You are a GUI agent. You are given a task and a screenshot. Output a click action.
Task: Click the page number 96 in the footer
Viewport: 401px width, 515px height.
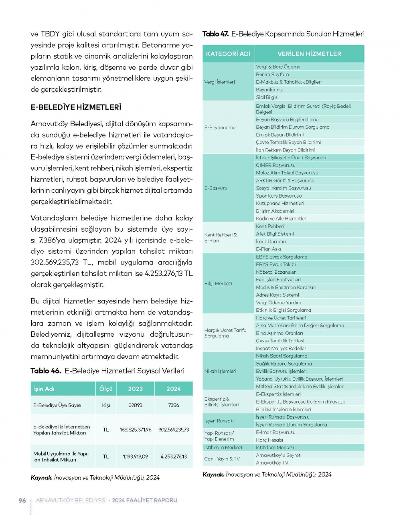coord(22,500)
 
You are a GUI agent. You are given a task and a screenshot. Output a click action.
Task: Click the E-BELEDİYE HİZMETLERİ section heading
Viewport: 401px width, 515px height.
coord(76,107)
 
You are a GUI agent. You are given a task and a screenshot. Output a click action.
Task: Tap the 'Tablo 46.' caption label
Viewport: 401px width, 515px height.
coord(46,371)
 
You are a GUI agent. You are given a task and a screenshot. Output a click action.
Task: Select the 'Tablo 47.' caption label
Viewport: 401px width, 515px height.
coord(215,34)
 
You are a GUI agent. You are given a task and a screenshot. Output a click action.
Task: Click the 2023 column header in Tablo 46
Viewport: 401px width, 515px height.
coord(136,389)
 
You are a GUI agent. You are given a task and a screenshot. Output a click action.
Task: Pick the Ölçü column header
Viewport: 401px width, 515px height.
coord(106,389)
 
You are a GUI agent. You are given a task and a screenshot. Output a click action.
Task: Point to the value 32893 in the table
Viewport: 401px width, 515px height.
coord(136,405)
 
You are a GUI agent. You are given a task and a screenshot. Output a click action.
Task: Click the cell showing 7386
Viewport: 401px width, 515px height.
coord(174,405)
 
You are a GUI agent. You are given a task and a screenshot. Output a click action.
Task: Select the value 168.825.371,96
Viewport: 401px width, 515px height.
coord(136,430)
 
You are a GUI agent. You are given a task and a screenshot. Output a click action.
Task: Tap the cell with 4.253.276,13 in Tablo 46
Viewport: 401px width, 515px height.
coord(174,456)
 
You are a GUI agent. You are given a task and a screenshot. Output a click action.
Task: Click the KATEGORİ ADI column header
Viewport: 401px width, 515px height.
coord(228,54)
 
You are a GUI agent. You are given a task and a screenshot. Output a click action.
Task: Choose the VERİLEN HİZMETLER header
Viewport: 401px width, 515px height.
coord(309,54)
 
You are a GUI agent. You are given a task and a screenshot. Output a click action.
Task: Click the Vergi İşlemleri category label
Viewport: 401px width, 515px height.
coord(220,82)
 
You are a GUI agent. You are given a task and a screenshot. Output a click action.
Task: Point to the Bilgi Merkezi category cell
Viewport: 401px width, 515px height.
coord(218,284)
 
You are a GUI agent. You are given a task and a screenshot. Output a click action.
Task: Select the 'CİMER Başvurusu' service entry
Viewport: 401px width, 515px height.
coord(275,165)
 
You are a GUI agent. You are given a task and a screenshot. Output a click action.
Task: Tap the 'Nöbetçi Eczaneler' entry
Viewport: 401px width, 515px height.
coord(276,272)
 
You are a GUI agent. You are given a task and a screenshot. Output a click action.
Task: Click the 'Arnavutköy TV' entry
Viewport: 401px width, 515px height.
coord(272,462)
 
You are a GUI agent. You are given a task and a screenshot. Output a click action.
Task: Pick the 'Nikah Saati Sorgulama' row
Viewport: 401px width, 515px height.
coord(282,356)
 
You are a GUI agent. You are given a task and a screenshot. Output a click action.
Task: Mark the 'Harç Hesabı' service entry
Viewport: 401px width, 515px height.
coord(269,440)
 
